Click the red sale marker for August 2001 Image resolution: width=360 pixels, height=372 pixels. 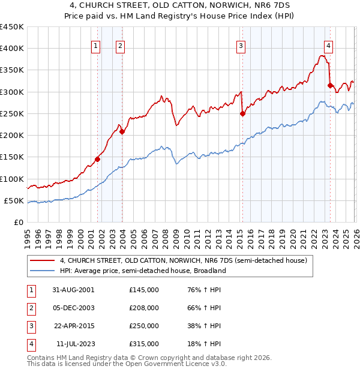tap(97, 160)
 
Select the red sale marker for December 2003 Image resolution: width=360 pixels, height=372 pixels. tap(122, 132)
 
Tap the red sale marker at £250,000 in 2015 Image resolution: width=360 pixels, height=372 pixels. tap(242, 113)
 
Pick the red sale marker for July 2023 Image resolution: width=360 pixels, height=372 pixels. tap(330, 85)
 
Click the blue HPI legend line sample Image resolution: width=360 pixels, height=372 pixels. tap(43, 271)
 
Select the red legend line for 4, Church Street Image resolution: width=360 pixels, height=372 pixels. tap(43, 260)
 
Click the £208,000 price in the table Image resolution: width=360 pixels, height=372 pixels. tap(144, 308)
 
